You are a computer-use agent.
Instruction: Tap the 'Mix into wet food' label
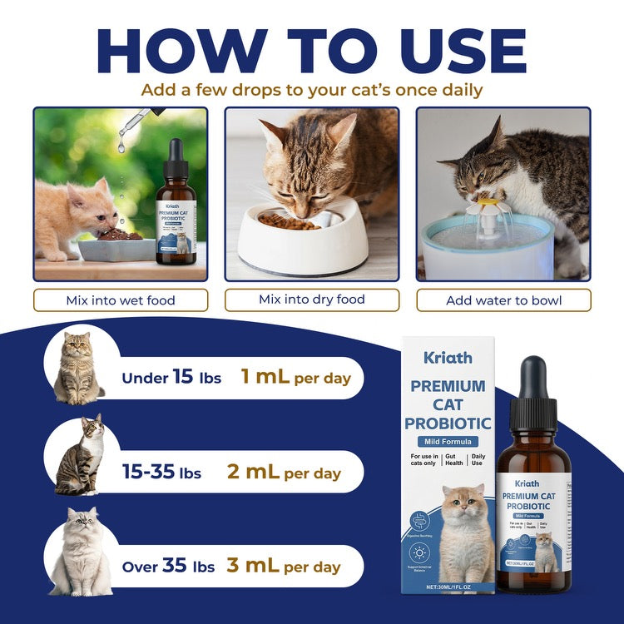pyautogui.click(x=120, y=300)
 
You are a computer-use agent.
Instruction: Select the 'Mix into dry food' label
pyautogui.click(x=312, y=300)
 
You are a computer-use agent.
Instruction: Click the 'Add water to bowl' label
pyautogui.click(x=503, y=300)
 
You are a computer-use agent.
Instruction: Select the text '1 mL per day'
pyautogui.click(x=295, y=378)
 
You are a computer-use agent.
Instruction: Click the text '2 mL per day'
pyautogui.click(x=284, y=473)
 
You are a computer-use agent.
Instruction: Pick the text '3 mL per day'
pyautogui.click(x=284, y=567)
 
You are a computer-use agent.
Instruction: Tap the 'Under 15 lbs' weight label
pyautogui.click(x=171, y=378)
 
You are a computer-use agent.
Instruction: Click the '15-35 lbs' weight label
pyautogui.click(x=162, y=473)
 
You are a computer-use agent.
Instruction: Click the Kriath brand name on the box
pyautogui.click(x=448, y=358)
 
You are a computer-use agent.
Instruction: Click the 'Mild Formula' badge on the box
pyautogui.click(x=448, y=441)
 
